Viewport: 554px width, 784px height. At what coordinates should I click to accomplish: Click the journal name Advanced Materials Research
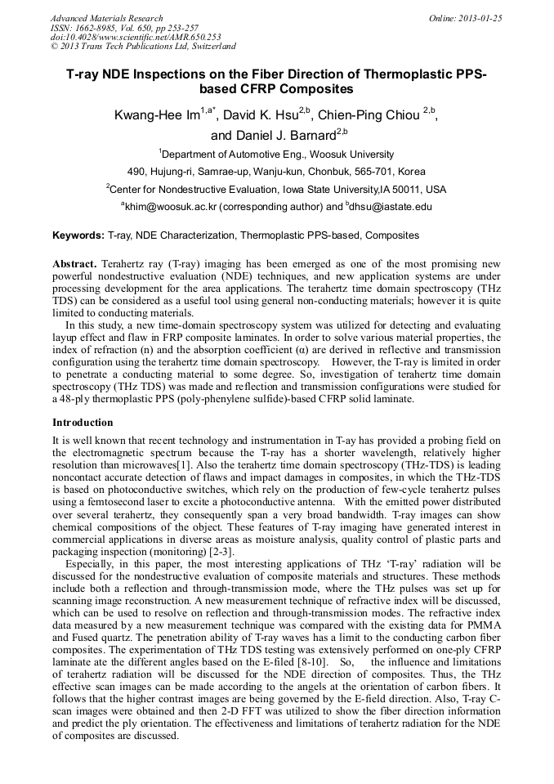coord(106,18)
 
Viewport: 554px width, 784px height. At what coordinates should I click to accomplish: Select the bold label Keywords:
coord(78,235)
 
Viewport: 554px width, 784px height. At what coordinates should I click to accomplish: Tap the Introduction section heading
coord(83,423)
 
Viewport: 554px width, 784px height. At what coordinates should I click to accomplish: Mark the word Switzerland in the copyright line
coord(208,47)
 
